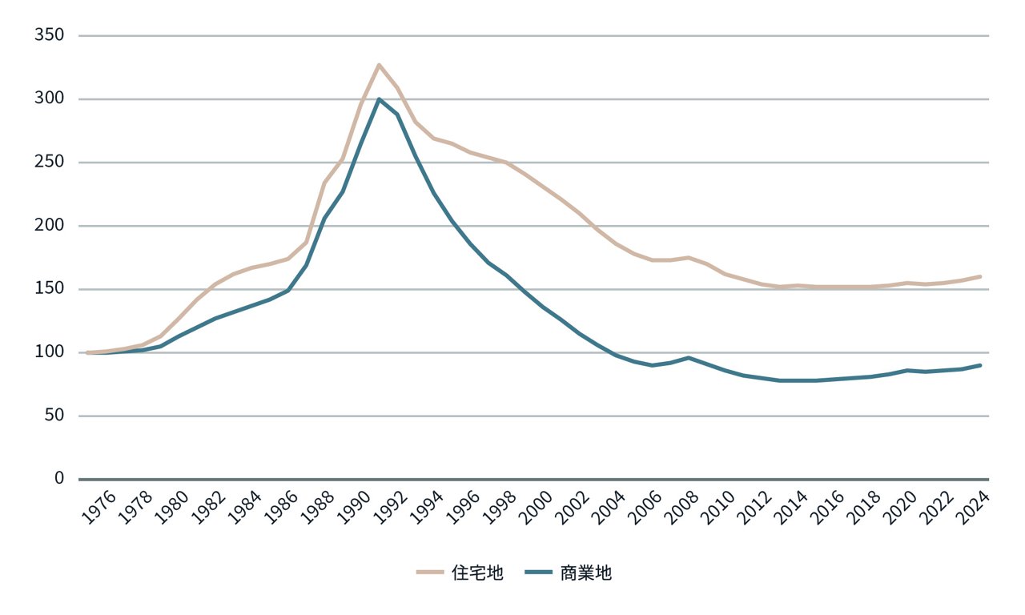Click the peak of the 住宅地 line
(x=379, y=65)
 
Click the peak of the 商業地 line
(x=379, y=99)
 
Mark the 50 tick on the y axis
(x=54, y=416)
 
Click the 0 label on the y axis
(x=58, y=478)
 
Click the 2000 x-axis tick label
(x=538, y=507)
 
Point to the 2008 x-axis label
(x=684, y=507)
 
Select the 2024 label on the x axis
(x=975, y=507)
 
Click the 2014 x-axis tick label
(x=794, y=507)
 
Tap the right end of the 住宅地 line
(x=980, y=277)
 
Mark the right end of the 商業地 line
(x=980, y=365)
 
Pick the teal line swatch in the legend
(x=540, y=573)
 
